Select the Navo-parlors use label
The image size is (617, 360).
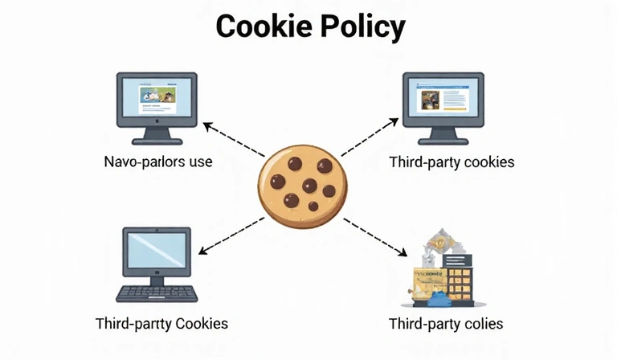[x=158, y=162]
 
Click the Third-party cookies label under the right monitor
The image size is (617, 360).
[x=452, y=162]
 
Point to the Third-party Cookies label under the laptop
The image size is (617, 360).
[x=161, y=324]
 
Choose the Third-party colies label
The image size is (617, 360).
[x=446, y=325]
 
